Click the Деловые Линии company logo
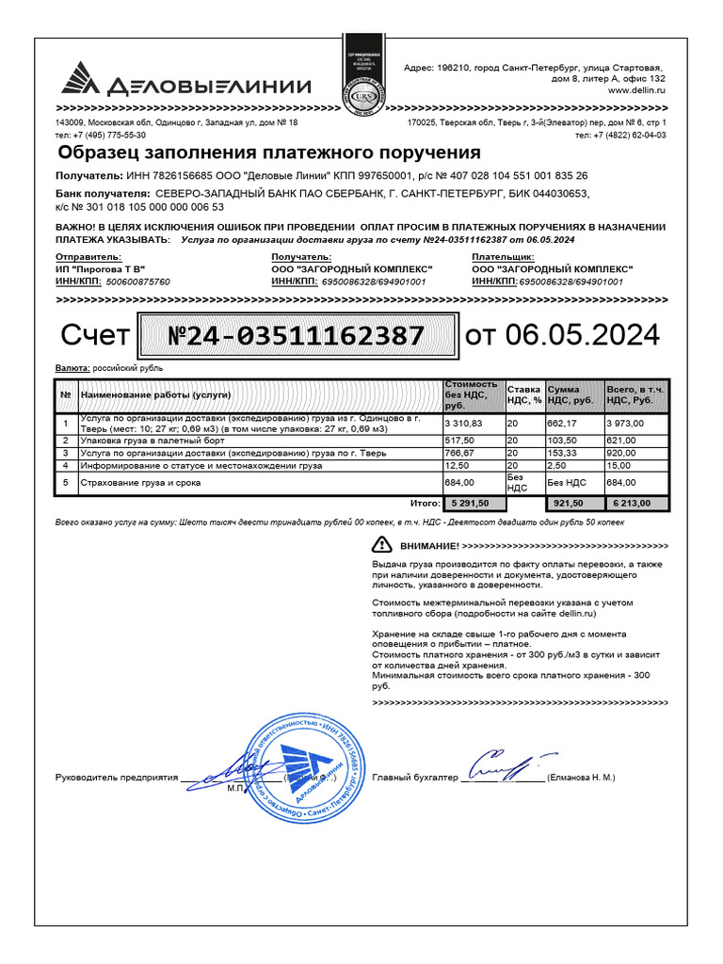click(185, 84)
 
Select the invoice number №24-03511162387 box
click(295, 336)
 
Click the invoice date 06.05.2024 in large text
click(583, 335)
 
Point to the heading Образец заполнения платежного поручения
click(269, 153)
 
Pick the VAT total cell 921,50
click(573, 504)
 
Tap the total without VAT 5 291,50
click(472, 504)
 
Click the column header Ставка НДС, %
click(523, 394)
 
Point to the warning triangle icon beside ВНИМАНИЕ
click(381, 544)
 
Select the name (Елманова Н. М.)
click(580, 779)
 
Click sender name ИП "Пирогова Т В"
click(100, 269)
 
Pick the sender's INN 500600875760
click(138, 281)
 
